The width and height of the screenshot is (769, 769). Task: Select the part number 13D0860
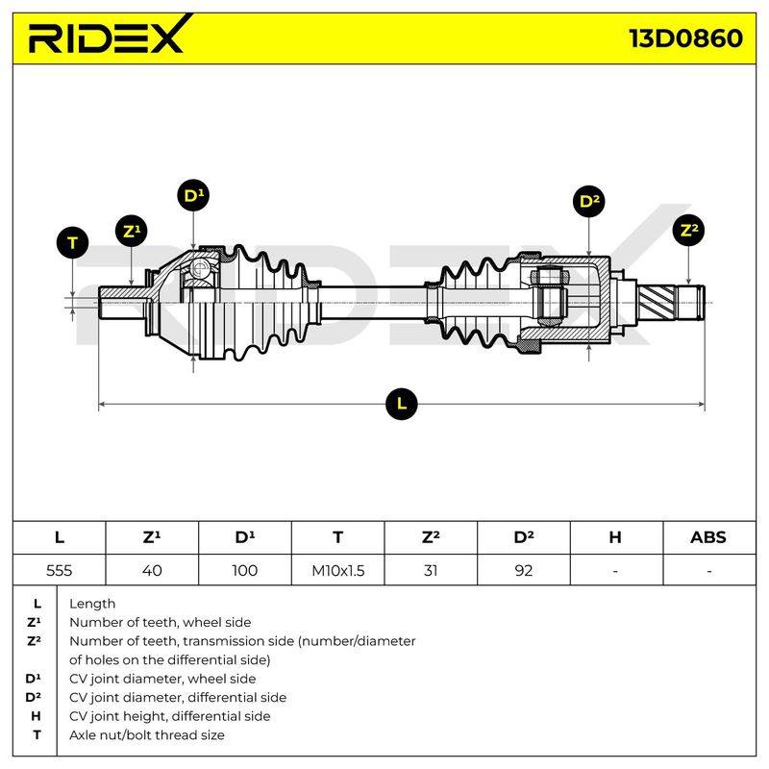click(685, 38)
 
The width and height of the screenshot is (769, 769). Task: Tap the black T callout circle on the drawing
click(73, 243)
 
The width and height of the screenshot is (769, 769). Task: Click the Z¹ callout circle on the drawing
click(132, 231)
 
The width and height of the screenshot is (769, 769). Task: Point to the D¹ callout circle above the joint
click(193, 196)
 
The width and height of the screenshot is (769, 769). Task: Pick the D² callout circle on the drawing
click(589, 201)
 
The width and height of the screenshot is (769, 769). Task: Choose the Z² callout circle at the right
click(688, 230)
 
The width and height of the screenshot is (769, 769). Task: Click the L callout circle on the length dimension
click(401, 404)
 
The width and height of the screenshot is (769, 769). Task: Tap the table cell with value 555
click(59, 570)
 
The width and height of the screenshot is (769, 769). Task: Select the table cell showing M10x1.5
click(338, 570)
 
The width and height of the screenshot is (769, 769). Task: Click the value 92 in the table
click(523, 570)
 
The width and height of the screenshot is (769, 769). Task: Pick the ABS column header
click(708, 537)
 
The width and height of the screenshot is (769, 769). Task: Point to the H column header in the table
click(616, 537)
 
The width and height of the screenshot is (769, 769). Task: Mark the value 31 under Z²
click(431, 570)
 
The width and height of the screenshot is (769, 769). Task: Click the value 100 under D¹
click(245, 570)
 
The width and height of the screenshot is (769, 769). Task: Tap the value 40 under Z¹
click(152, 570)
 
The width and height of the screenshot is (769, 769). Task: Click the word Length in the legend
click(92, 604)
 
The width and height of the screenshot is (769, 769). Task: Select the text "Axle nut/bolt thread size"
click(147, 735)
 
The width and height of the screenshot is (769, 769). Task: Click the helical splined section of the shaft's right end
click(657, 302)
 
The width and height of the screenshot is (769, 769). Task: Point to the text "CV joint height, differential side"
click(170, 716)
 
